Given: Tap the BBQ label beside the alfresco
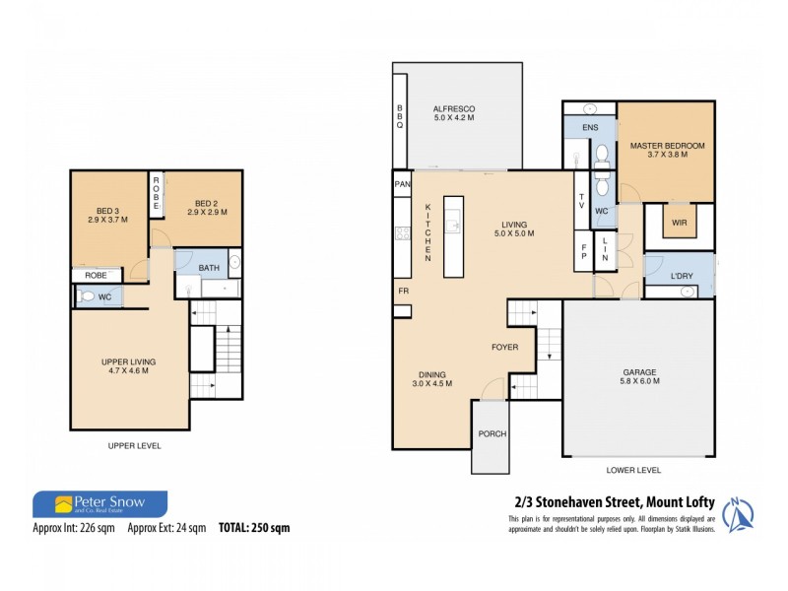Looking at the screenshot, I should [x=401, y=122].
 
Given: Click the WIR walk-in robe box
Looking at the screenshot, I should [x=680, y=223].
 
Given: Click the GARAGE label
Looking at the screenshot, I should [x=638, y=373].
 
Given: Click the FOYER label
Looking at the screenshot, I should [x=505, y=347].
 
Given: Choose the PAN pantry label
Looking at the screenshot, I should [x=402, y=184].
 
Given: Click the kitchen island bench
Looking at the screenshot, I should [x=453, y=235].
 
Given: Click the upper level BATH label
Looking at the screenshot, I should [x=209, y=268].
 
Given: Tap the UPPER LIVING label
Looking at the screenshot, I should [x=128, y=366].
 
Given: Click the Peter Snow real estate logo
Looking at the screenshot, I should [x=99, y=505].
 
